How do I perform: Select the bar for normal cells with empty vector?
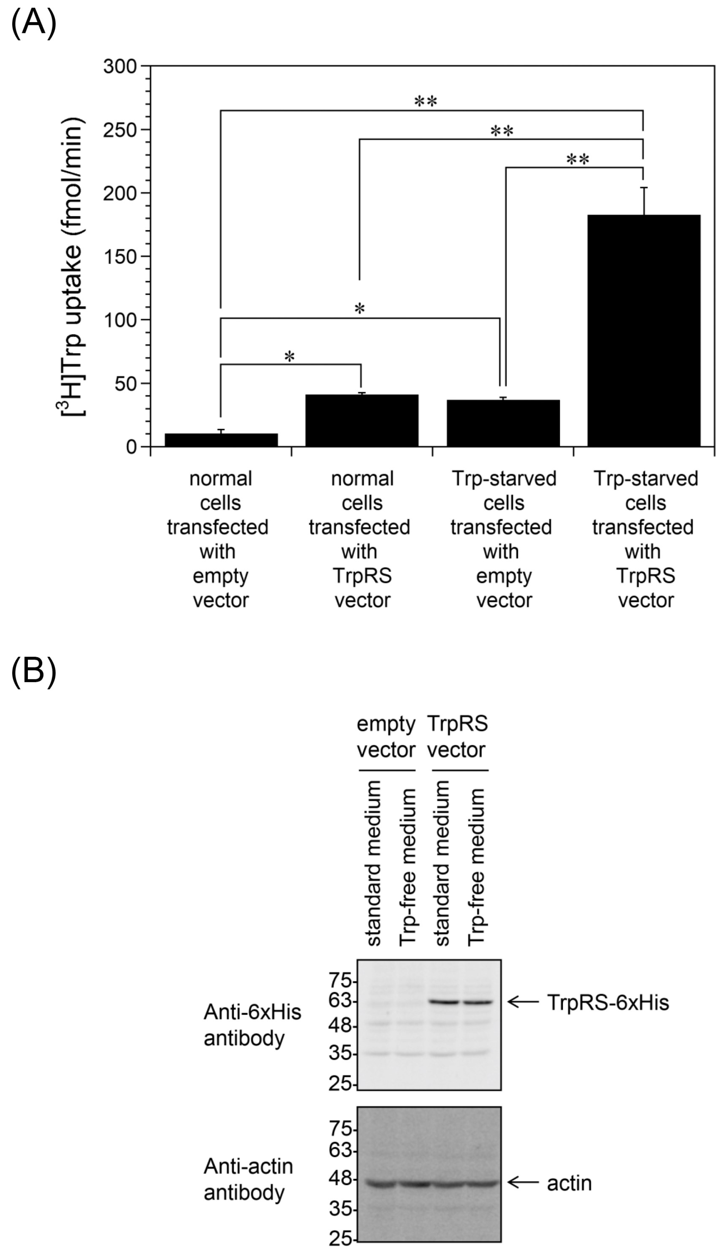coord(221,440)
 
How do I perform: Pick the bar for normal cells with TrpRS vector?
coord(362,420)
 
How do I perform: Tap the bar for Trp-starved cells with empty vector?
coord(503,423)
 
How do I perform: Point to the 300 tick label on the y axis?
coord(119,66)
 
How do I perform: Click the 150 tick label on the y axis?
coord(119,257)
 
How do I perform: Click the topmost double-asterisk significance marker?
coord(426,102)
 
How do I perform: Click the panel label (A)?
coord(33,24)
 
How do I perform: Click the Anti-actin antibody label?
coord(248,1179)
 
